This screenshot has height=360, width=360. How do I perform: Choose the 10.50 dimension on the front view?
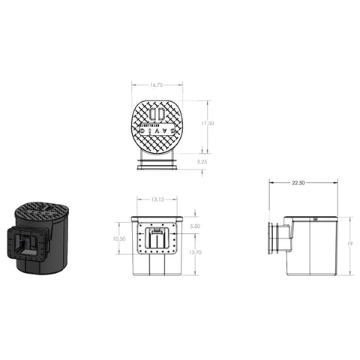[118, 238]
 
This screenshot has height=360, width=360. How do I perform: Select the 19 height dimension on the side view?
[349, 244]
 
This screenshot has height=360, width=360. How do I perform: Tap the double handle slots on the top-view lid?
[157, 114]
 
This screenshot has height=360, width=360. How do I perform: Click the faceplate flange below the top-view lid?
[157, 163]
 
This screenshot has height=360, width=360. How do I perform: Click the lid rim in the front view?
[157, 218]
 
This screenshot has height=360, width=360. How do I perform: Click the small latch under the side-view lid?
[316, 220]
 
